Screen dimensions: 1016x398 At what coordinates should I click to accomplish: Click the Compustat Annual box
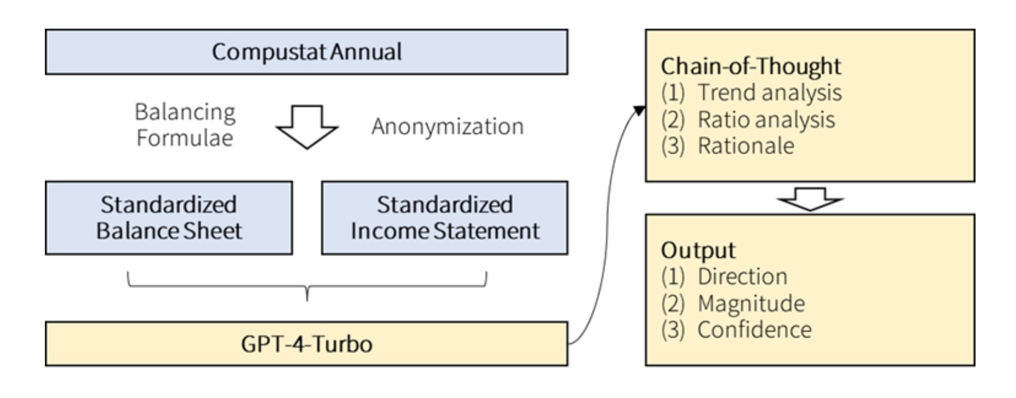click(307, 52)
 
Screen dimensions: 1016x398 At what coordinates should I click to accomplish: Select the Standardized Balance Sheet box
click(169, 218)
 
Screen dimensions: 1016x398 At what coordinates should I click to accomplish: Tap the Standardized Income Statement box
click(445, 218)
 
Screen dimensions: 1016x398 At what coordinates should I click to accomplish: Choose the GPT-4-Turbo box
click(307, 344)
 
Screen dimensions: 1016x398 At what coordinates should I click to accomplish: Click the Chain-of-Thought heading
click(751, 66)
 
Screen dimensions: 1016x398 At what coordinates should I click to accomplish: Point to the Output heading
click(698, 251)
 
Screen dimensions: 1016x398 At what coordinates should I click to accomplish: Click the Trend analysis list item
click(751, 93)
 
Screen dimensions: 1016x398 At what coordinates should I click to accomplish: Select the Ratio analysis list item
click(748, 120)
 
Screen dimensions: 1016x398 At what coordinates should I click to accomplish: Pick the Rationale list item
click(728, 146)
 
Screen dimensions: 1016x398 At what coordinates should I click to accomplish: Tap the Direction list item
click(724, 277)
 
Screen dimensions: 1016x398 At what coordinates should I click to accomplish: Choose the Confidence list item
click(736, 330)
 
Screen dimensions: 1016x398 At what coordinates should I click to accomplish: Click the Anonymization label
click(448, 127)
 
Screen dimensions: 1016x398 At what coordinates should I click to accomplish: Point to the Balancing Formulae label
click(185, 125)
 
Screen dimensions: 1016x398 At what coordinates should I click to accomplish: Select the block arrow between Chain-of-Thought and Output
click(810, 199)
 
